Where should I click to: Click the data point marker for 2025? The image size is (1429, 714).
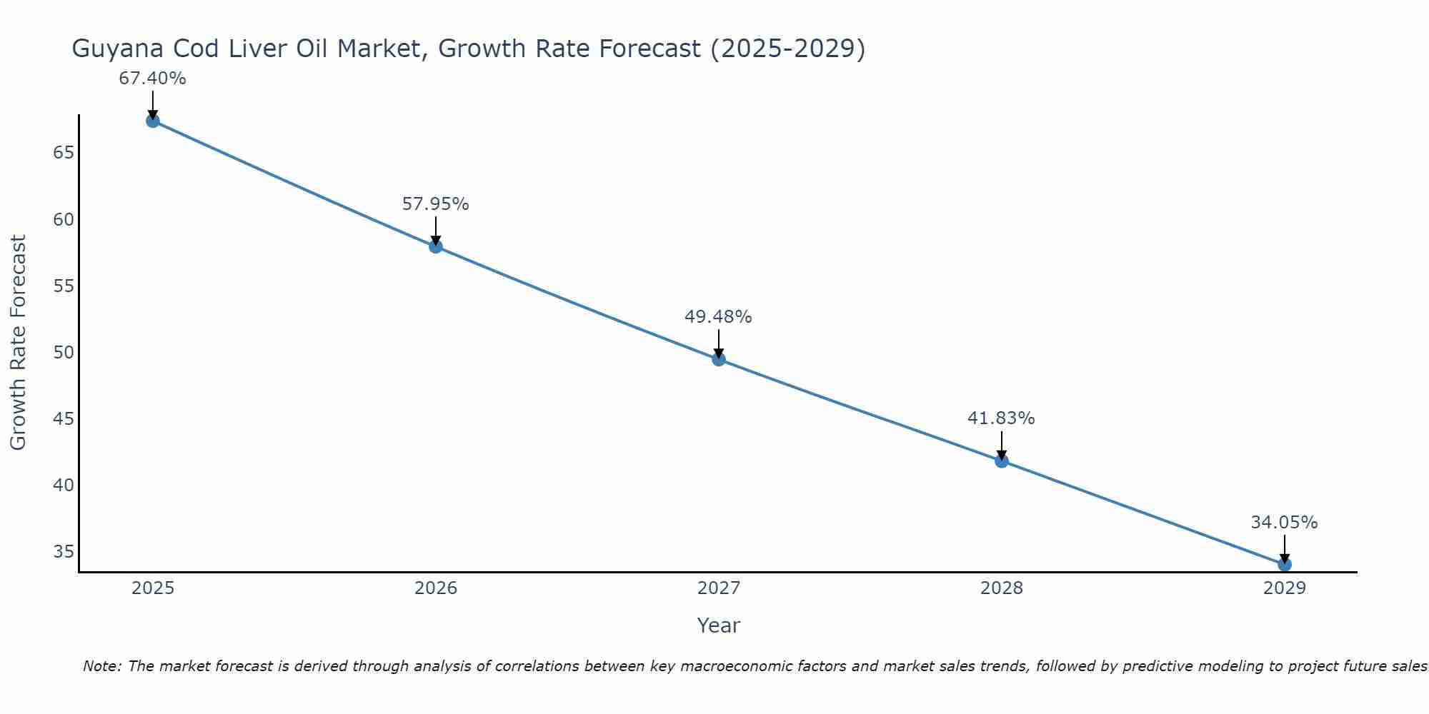pyautogui.click(x=153, y=121)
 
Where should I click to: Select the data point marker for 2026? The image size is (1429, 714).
pyautogui.click(x=436, y=246)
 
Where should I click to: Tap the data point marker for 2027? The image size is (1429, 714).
pyautogui.click(x=719, y=359)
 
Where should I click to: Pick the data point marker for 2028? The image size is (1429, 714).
pyautogui.click(x=1002, y=461)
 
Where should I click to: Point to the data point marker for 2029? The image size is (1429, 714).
pyautogui.click(x=1285, y=564)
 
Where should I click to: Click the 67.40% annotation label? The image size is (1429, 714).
pyautogui.click(x=152, y=79)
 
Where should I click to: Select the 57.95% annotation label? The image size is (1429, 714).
pyautogui.click(x=435, y=204)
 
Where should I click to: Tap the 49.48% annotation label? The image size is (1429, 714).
pyautogui.click(x=718, y=317)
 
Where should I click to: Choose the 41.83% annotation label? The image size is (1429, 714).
pyautogui.click(x=1001, y=418)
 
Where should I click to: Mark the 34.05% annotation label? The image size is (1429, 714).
pyautogui.click(x=1284, y=523)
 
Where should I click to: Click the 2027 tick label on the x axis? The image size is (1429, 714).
pyautogui.click(x=719, y=588)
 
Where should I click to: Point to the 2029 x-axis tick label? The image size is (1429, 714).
pyautogui.click(x=1285, y=588)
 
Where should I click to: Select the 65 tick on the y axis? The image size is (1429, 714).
pyautogui.click(x=64, y=153)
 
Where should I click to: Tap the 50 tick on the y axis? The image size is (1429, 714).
pyautogui.click(x=64, y=352)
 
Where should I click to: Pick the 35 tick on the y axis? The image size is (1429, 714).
pyautogui.click(x=64, y=551)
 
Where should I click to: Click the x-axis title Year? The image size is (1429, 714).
pyautogui.click(x=718, y=625)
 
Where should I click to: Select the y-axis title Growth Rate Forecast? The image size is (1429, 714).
pyautogui.click(x=18, y=343)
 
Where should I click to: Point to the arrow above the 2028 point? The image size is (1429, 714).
pyautogui.click(x=1002, y=444)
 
